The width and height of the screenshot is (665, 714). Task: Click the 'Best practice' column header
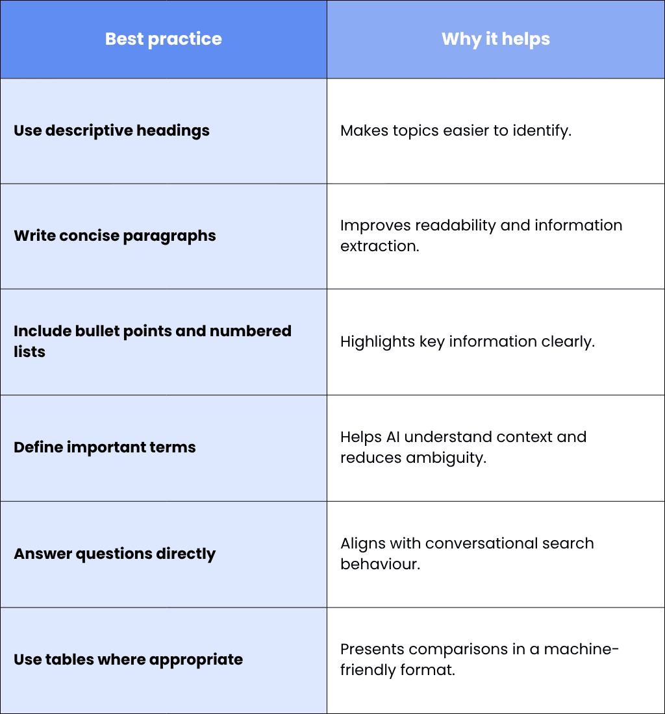[164, 39]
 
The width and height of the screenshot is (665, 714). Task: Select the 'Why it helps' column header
[496, 39]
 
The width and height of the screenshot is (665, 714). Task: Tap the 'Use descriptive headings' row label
[112, 130]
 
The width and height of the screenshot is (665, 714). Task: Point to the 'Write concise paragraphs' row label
[115, 236]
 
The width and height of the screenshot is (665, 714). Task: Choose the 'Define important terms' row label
[105, 447]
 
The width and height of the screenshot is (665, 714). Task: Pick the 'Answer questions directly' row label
[115, 554]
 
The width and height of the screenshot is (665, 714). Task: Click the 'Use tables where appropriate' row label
[129, 659]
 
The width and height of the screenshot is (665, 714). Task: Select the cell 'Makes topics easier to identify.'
[456, 130]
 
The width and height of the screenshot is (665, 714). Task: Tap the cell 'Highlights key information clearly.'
[468, 341]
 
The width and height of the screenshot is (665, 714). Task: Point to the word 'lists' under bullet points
[30, 352]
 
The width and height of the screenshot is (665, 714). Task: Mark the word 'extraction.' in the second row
[380, 247]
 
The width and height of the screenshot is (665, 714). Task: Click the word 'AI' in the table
[393, 437]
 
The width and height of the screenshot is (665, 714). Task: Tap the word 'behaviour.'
[381, 564]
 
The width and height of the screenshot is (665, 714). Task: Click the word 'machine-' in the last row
[581, 649]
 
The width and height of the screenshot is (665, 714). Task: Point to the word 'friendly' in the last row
[368, 671]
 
